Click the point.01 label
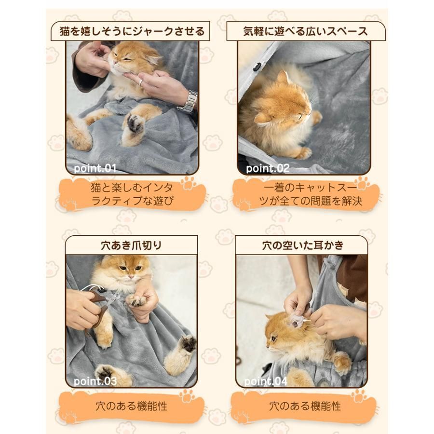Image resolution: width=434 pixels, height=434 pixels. point(95,169)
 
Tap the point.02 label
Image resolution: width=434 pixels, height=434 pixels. point(268,169)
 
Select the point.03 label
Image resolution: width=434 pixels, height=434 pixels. point(95,381)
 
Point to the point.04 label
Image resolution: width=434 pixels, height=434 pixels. point(266,381)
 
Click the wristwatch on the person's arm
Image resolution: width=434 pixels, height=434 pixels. point(189,102)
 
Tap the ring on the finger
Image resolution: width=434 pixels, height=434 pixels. point(141,82)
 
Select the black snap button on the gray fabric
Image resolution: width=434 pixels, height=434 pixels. point(258,66)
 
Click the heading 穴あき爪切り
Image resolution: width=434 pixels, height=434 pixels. point(131,245)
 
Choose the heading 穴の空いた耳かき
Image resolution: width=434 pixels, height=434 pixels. point(303,245)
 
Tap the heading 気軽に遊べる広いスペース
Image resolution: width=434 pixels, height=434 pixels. point(306,31)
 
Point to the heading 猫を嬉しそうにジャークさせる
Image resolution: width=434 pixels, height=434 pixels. point(132,31)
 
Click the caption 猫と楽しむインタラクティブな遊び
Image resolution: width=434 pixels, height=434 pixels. point(132,194)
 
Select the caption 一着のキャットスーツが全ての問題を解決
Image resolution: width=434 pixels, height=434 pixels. point(310,194)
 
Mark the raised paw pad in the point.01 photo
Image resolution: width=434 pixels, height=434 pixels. point(135,124)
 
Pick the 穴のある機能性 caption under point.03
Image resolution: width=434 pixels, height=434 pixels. point(132,406)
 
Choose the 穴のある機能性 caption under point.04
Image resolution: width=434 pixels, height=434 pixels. point(305,406)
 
